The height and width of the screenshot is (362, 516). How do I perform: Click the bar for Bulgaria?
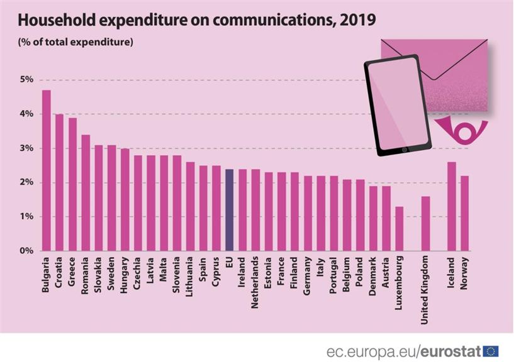click(x=47, y=170)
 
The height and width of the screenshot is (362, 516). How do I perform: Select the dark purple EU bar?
click(x=230, y=210)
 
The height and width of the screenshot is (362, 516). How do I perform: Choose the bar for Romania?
click(x=86, y=192)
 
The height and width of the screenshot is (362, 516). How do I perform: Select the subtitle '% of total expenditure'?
click(x=75, y=43)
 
